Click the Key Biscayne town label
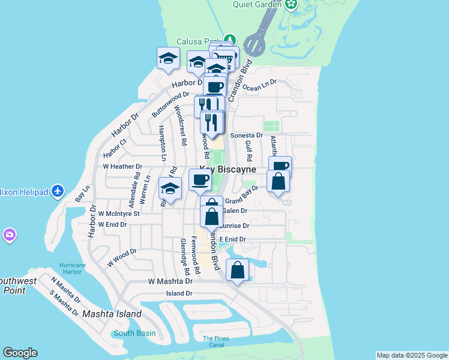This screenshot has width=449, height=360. tap(228, 170)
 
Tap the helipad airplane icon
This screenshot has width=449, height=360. tap(58, 191)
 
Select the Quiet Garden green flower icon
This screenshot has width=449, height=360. tap(292, 5)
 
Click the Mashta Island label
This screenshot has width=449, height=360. tap(112, 314)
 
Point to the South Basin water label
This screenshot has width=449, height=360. tap(134, 333)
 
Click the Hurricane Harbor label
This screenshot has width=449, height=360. tap(73, 269)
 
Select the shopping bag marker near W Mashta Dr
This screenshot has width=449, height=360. tap(238, 270)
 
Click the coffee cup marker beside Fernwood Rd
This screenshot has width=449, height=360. tap(200, 179)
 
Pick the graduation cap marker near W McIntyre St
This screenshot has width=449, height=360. tap(170, 189)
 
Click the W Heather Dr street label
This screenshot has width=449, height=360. tap(122, 166)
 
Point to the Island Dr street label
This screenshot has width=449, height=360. tap(179, 293)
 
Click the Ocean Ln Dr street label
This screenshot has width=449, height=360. tap(259, 84)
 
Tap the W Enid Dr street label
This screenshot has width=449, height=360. tap(113, 224)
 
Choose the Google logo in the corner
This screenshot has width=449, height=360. tap(20, 353)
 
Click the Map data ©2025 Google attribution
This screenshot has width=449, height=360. tap(412, 355)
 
